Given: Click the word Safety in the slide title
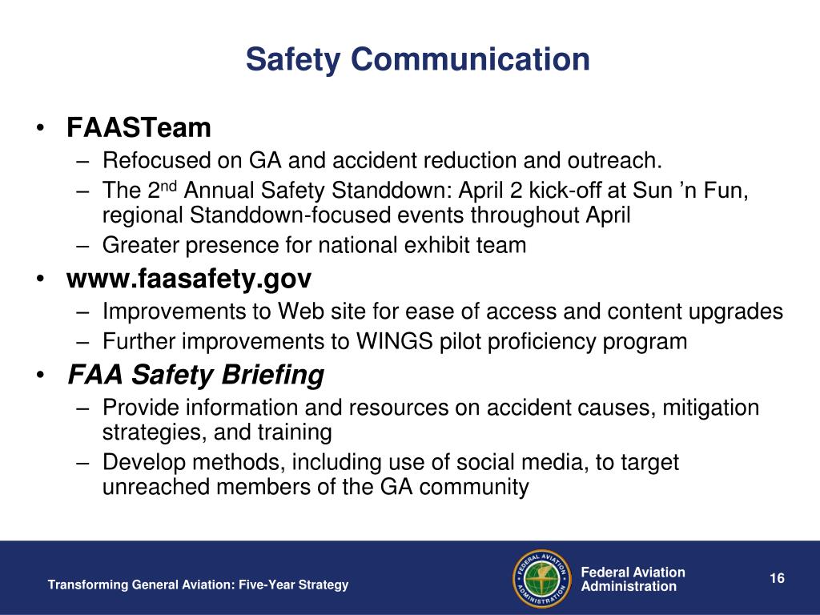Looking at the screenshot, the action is click(293, 59).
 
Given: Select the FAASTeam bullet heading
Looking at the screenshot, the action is click(139, 127).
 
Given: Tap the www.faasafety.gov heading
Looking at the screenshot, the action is click(189, 279).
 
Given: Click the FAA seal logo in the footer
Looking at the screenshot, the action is click(542, 579).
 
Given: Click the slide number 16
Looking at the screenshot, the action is click(777, 578).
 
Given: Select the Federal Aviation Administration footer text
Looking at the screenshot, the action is click(633, 579).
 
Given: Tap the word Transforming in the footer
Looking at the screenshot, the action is click(88, 585).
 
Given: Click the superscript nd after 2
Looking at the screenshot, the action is click(169, 186).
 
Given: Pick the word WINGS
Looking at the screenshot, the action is click(394, 341).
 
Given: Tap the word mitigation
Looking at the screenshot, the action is click(711, 408).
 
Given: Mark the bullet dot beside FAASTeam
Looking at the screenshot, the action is click(40, 127).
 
